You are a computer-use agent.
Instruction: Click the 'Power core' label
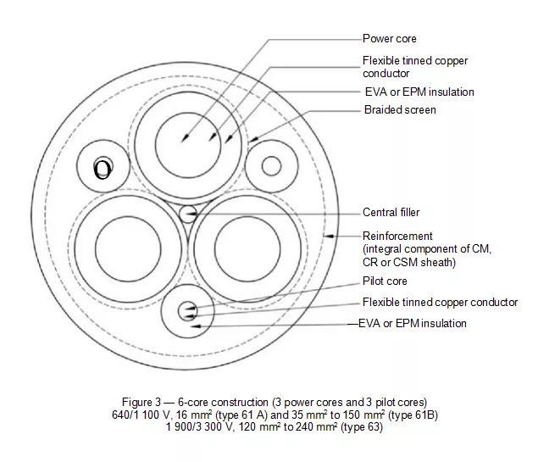[390, 38]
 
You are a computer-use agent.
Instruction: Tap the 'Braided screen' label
[400, 110]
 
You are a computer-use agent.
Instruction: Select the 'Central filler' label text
[391, 212]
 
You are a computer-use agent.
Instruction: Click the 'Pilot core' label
[385, 281]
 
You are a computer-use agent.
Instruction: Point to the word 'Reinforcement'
[397, 237]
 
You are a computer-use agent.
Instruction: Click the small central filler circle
[188, 214]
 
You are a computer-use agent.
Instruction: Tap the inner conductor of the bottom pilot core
[188, 311]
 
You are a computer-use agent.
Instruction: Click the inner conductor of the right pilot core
[271, 166]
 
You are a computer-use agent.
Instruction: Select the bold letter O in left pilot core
[103, 169]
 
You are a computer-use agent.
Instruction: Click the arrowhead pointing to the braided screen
[253, 139]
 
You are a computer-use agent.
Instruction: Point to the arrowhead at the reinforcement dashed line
[329, 236]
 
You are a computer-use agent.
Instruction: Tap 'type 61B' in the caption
[413, 415]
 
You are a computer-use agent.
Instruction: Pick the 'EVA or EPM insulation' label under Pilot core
[412, 323]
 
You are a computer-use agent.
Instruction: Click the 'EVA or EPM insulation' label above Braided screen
[419, 92]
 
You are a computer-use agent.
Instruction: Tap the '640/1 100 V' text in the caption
[141, 415]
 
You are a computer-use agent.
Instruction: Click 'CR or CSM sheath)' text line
[409, 262]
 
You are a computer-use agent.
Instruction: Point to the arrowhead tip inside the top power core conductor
[182, 142]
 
